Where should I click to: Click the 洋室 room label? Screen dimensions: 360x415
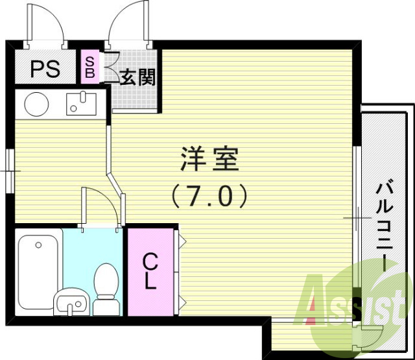[x=209, y=159]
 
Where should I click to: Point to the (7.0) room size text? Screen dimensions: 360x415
[x=209, y=195]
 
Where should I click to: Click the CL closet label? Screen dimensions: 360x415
[x=150, y=271]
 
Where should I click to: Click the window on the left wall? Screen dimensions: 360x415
[x=10, y=170]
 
